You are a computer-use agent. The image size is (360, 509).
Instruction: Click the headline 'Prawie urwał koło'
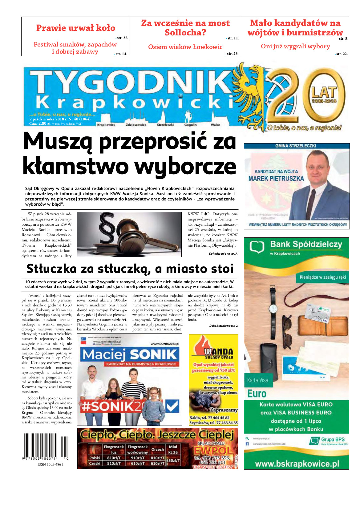[76, 28]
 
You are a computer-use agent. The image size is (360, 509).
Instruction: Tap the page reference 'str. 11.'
[233, 38]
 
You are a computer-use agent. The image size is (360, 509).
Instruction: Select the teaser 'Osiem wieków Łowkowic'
[185, 47]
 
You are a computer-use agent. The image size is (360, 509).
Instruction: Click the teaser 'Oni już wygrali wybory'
[295, 46]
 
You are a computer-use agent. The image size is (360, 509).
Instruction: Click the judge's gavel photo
[129, 234]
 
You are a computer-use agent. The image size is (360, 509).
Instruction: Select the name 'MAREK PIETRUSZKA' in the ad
[276, 179]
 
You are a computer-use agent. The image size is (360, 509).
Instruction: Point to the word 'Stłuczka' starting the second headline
[51, 269]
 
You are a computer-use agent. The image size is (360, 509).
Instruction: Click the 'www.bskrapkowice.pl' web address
[297, 464]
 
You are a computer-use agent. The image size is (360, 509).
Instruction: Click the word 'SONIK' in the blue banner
[154, 354]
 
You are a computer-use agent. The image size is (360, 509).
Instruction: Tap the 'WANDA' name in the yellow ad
[219, 351]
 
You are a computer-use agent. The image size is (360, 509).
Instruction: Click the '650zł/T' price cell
[173, 461]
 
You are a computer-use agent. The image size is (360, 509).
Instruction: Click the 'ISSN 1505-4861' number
[50, 464]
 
